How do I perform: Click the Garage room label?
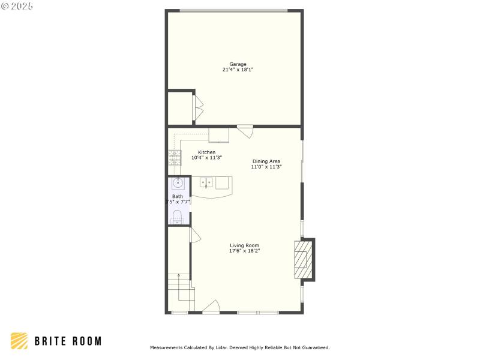coord(238,64)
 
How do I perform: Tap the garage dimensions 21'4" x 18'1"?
coord(238,70)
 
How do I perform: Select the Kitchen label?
coord(206,152)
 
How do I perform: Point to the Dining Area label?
coord(266,161)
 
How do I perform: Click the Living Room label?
coord(244,245)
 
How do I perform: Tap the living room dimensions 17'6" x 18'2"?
coord(244,251)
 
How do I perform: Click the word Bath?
coord(178,196)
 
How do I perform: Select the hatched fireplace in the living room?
coord(304,259)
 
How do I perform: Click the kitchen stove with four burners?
coord(175,157)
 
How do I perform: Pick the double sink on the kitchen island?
coord(207,182)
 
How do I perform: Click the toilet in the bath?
coord(177,216)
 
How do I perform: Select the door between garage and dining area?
coord(245,130)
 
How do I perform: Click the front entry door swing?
coord(211,307)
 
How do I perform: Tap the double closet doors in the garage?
coord(197,108)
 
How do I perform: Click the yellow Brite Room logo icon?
coord(19,341)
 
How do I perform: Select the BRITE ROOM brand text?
coord(67,341)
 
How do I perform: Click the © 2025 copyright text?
coord(17,5)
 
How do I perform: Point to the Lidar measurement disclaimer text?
coord(239,347)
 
